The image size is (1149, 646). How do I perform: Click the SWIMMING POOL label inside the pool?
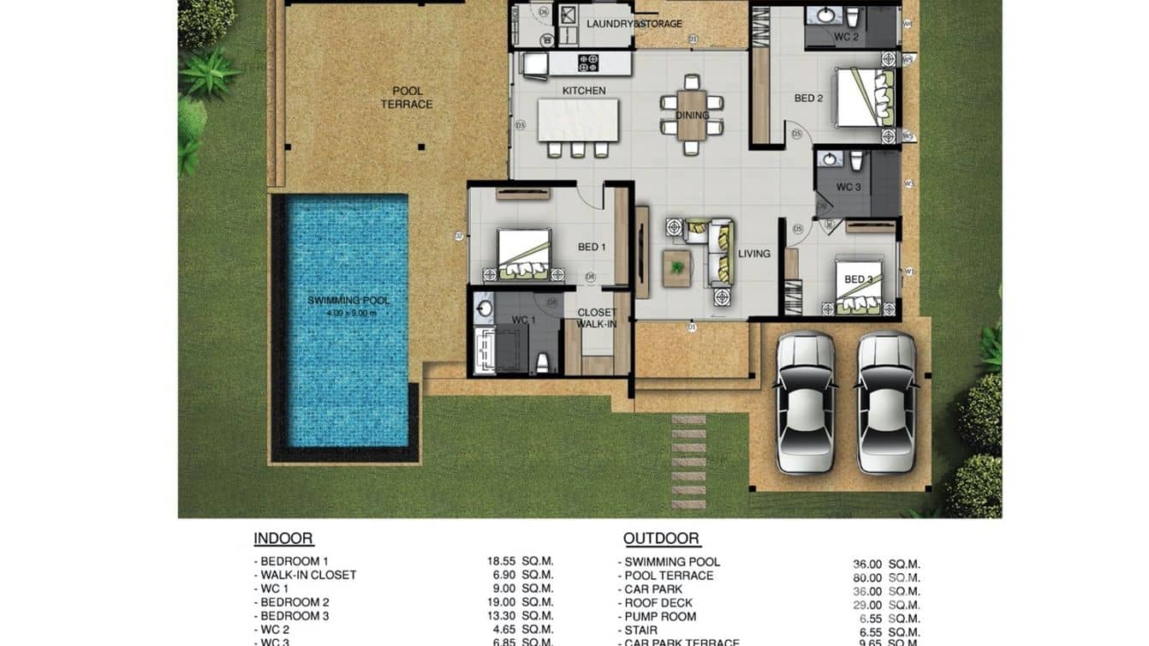(x=348, y=301)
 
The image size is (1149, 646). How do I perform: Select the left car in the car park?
(x=804, y=402)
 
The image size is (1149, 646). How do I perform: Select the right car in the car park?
(x=886, y=402)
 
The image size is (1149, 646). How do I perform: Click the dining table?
(x=692, y=115)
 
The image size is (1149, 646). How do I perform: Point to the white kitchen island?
(x=578, y=120)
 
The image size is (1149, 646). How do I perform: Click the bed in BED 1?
(x=524, y=254)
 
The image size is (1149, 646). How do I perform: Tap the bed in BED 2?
(x=864, y=98)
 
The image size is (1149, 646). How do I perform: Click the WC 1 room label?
(x=523, y=320)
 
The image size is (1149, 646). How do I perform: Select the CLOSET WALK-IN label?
(x=596, y=319)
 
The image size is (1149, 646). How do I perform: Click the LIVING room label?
(x=754, y=254)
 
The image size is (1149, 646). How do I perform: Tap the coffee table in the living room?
(x=677, y=267)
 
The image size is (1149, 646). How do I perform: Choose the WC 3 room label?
(x=848, y=187)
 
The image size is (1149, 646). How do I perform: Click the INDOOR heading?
(x=283, y=539)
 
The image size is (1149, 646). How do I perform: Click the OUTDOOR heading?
(x=661, y=539)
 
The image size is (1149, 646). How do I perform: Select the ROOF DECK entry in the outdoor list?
(x=658, y=603)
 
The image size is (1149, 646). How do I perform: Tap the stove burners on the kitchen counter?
(x=590, y=63)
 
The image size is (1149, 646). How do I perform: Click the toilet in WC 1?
(x=541, y=363)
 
